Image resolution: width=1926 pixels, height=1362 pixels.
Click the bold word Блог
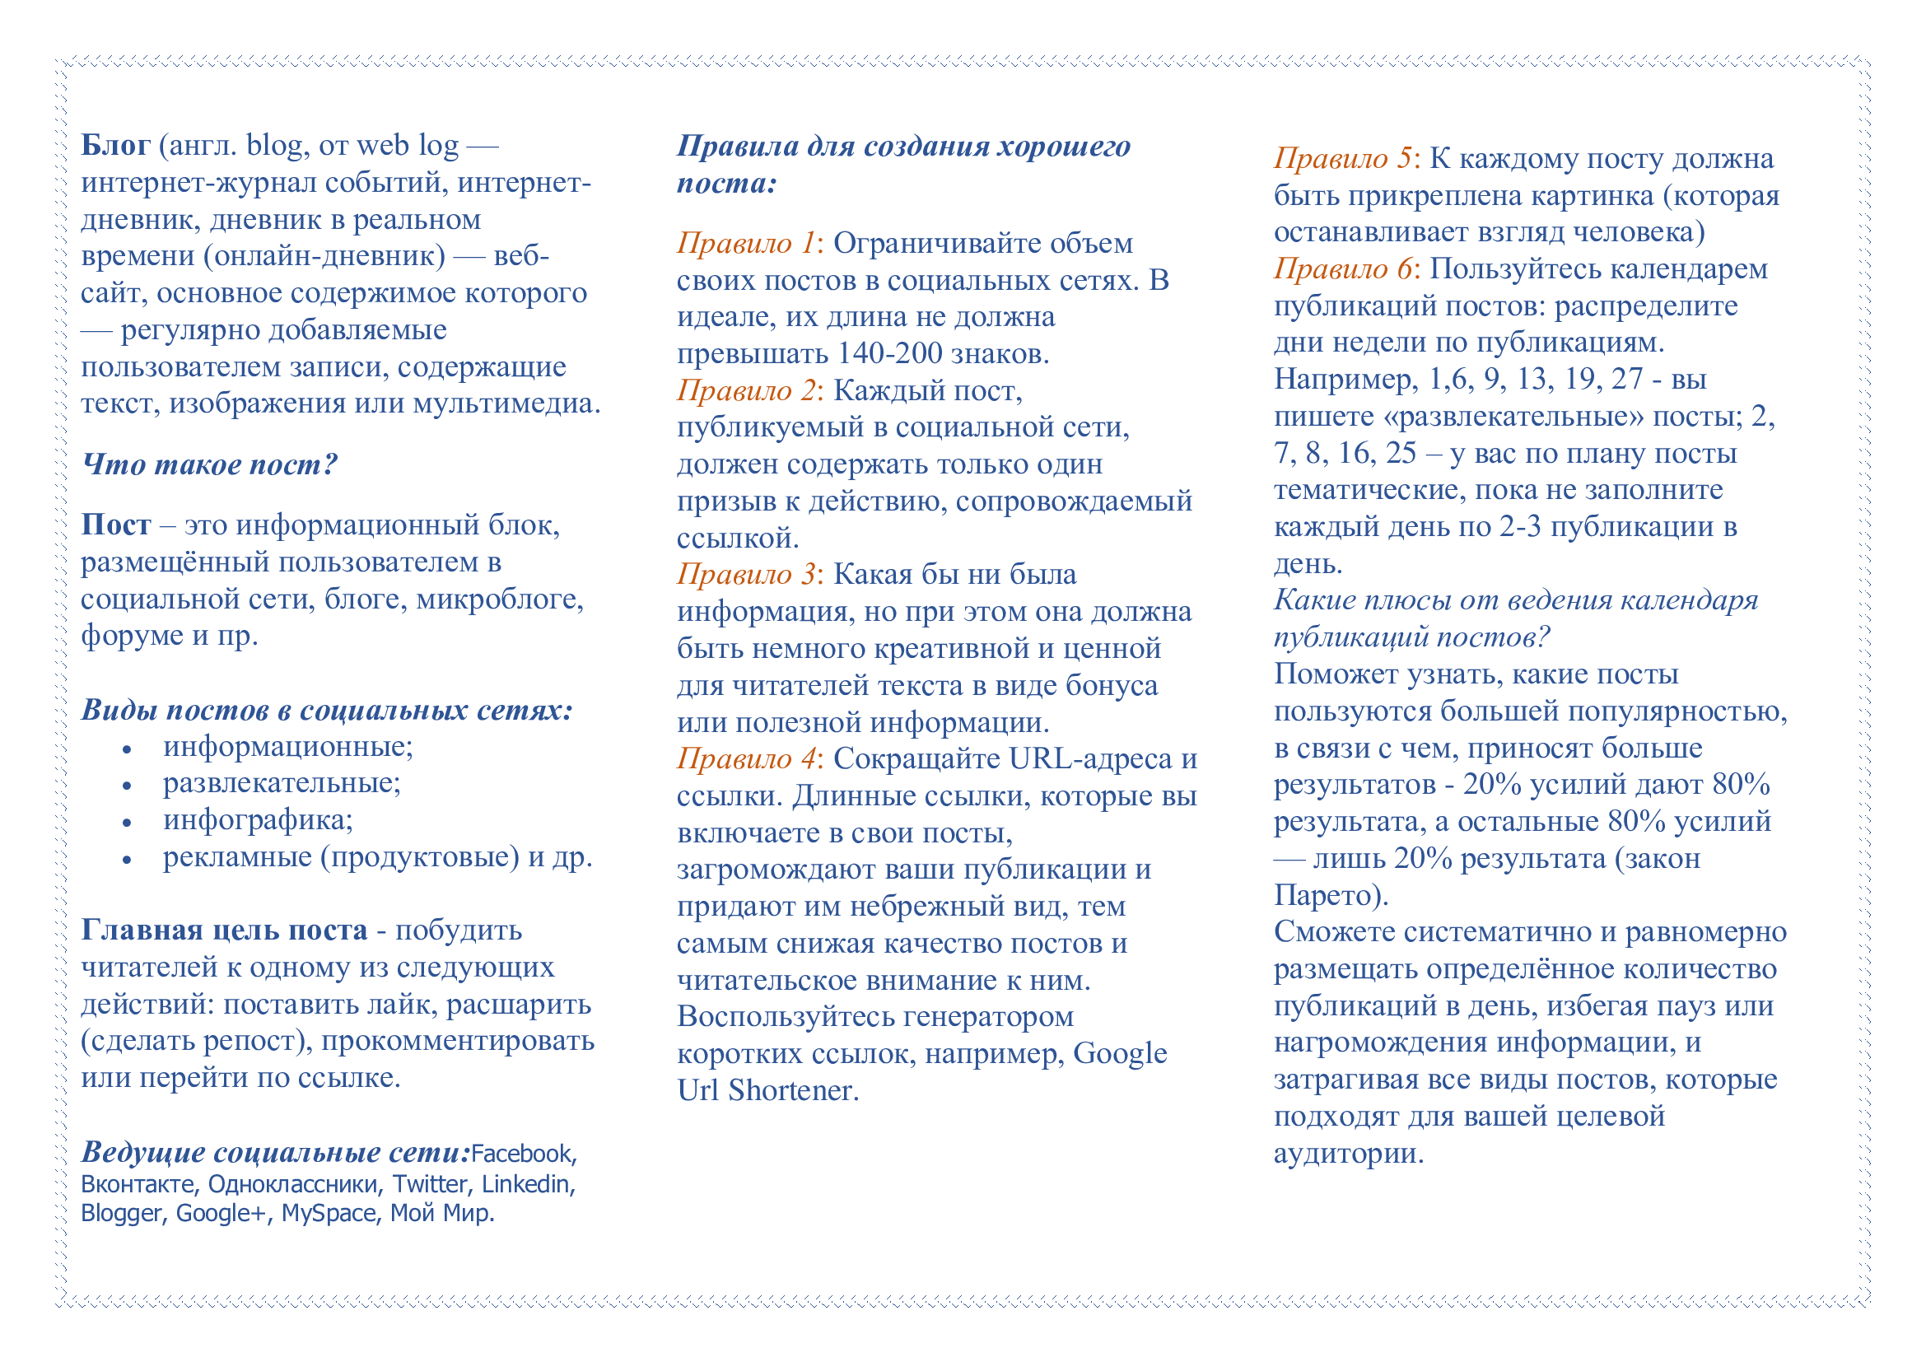click(115, 146)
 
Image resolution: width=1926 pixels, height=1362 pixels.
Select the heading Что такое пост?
click(209, 464)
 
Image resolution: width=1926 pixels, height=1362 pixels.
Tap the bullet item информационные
click(287, 746)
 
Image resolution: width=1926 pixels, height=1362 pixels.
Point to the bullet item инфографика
click(257, 820)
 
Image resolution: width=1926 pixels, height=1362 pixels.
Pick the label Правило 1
click(746, 243)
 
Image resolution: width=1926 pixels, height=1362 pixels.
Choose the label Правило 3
click(746, 575)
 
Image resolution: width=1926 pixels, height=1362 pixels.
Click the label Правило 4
click(746, 759)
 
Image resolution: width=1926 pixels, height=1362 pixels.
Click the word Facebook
click(522, 1154)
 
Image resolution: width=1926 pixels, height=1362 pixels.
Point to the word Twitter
click(430, 1185)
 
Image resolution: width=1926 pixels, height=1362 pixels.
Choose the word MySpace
click(328, 1215)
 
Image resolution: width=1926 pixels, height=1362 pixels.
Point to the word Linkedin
click(526, 1185)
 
